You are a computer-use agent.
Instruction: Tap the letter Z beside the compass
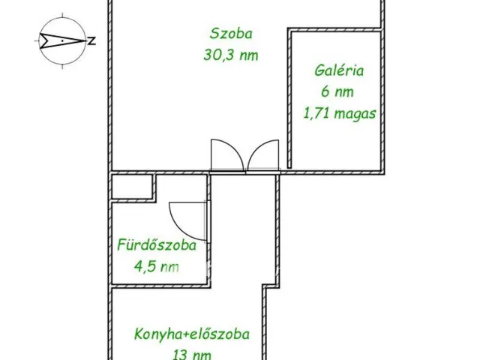pyautogui.click(x=91, y=41)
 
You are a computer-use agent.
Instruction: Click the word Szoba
pyautogui.click(x=230, y=34)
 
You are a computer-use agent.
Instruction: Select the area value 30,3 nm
pyautogui.click(x=230, y=54)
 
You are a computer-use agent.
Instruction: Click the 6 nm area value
pyautogui.click(x=338, y=93)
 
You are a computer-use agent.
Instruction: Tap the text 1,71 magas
pyautogui.click(x=339, y=114)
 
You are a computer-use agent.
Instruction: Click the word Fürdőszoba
pyautogui.click(x=156, y=245)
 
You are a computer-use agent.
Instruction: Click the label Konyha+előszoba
pyautogui.click(x=193, y=334)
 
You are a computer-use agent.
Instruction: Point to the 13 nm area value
pyautogui.click(x=193, y=354)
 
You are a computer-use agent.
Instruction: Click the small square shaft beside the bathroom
pyautogui.click(x=132, y=188)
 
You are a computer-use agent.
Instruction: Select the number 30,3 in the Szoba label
pyautogui.click(x=217, y=54)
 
